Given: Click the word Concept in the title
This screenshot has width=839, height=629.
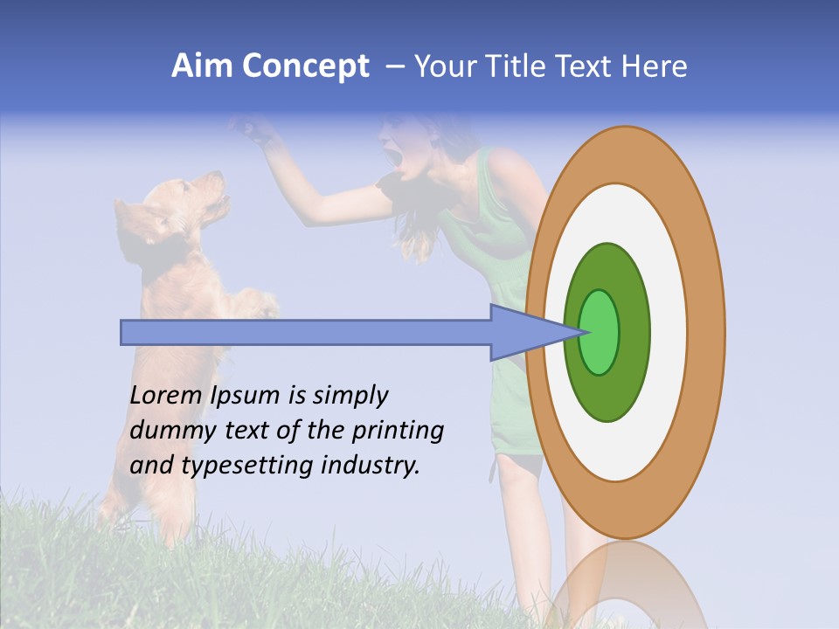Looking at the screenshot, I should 306,67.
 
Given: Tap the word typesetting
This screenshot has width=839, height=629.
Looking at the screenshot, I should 247,466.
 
